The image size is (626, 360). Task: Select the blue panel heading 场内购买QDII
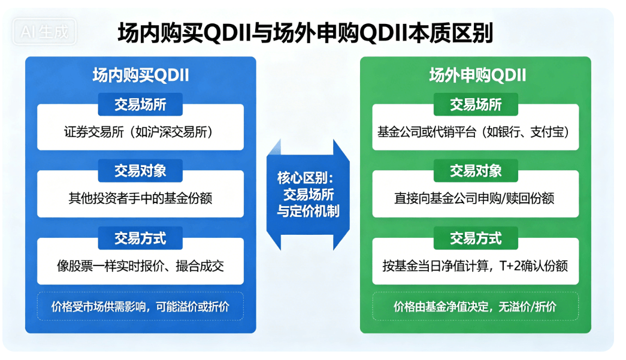click(x=140, y=75)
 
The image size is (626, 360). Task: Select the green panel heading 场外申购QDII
click(x=477, y=75)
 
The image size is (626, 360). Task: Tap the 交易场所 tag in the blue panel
click(x=140, y=104)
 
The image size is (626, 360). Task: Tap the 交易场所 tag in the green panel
click(x=476, y=104)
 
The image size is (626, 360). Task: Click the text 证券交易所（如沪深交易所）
click(x=140, y=131)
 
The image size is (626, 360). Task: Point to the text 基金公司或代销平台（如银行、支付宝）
click(x=476, y=131)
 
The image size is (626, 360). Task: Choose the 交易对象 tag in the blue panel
click(x=140, y=171)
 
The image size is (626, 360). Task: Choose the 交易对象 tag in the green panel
click(x=476, y=171)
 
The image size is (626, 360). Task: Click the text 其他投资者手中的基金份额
click(x=140, y=198)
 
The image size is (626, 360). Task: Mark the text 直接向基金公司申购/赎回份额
click(x=476, y=198)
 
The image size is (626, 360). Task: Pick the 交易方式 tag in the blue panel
click(x=140, y=238)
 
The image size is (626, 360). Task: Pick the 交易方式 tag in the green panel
click(x=476, y=238)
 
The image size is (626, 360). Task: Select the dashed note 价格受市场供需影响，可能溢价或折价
click(x=140, y=307)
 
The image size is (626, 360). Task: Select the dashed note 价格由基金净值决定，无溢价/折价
click(x=476, y=307)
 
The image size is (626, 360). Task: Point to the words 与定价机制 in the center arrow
click(x=308, y=210)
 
